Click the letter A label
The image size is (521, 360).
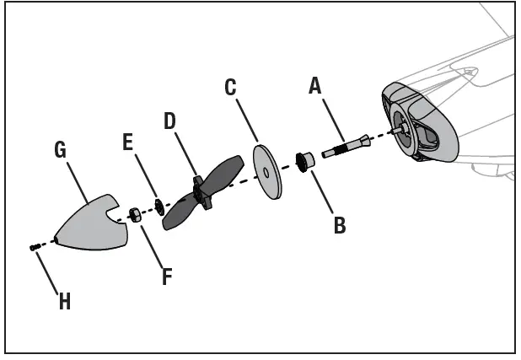[x=315, y=85]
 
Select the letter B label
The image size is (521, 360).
[x=339, y=225]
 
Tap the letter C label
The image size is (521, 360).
[x=230, y=87]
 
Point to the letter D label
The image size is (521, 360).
[x=169, y=121]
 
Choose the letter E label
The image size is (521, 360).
[x=128, y=142]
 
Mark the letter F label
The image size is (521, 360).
[x=167, y=275]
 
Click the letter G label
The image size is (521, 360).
[x=61, y=151]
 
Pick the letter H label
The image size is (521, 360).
[x=64, y=301]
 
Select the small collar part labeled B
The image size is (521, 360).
[x=304, y=159]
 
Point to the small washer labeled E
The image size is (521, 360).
[x=158, y=207]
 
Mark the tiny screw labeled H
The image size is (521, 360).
[x=33, y=247]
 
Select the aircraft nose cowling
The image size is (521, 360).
[x=419, y=122]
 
